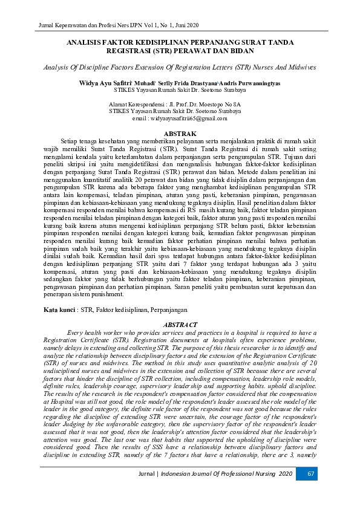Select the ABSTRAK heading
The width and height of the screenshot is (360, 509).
pos(180,134)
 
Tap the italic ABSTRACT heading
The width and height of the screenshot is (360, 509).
pos(180,325)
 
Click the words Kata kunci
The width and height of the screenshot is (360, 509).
pos(59,309)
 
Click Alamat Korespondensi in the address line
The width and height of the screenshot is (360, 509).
pos(135,105)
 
